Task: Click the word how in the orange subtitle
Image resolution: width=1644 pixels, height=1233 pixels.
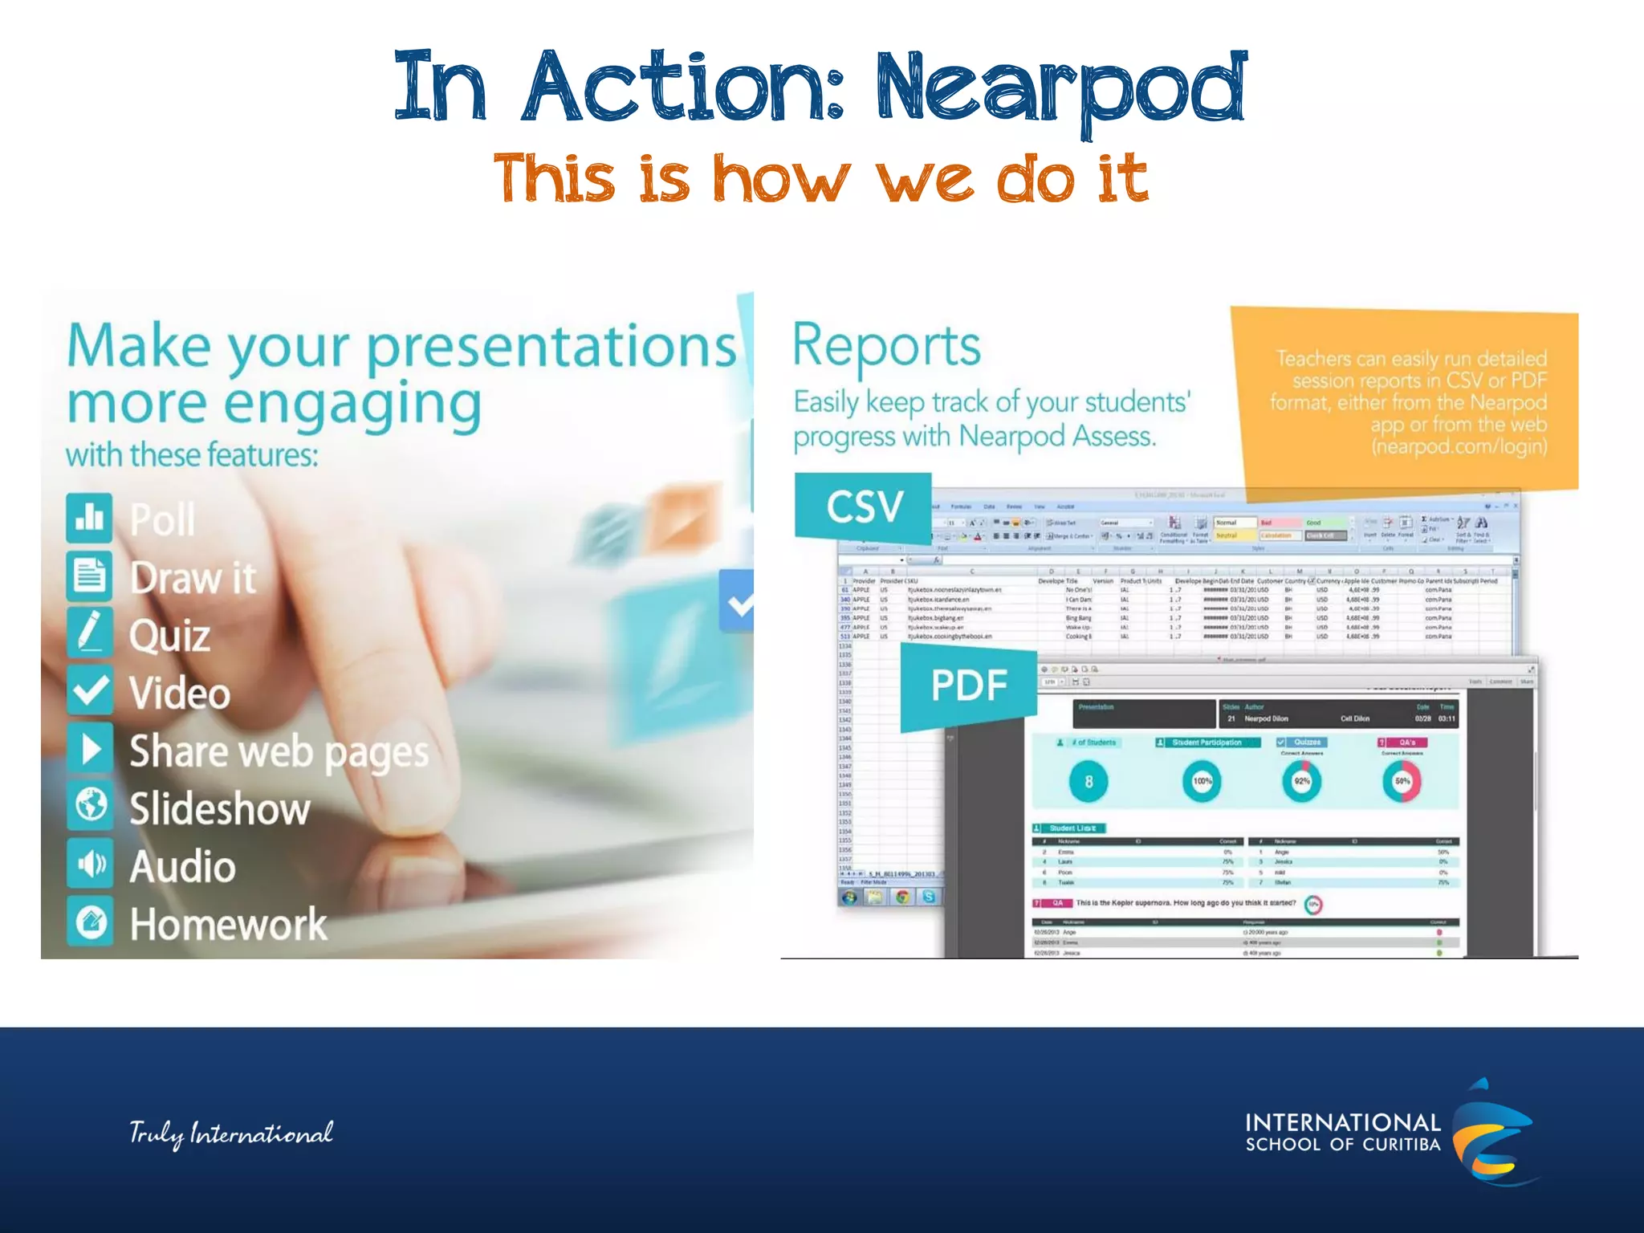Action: pyautogui.click(x=780, y=178)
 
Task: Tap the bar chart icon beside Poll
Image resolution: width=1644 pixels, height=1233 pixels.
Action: pyautogui.click(x=89, y=518)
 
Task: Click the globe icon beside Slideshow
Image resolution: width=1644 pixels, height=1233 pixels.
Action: pyautogui.click(x=89, y=805)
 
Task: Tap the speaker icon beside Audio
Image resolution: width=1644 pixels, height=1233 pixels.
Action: pyautogui.click(x=89, y=864)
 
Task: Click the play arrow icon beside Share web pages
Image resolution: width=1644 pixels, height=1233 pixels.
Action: pyautogui.click(x=89, y=749)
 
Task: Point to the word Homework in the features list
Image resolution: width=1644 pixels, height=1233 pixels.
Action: pyautogui.click(x=228, y=924)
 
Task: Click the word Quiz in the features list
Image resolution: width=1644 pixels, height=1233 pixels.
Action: pyautogui.click(x=169, y=636)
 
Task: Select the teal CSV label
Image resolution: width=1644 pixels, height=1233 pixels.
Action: pyautogui.click(x=864, y=507)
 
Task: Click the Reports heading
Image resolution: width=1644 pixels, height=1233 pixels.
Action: pyautogui.click(x=886, y=346)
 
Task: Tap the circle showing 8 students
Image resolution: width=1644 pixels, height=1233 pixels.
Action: pyautogui.click(x=1089, y=781)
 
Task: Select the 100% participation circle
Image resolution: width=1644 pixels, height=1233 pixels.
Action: pyautogui.click(x=1202, y=781)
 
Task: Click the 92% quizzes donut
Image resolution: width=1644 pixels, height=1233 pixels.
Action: pyautogui.click(x=1301, y=781)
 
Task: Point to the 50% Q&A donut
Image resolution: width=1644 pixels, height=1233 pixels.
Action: pyautogui.click(x=1402, y=781)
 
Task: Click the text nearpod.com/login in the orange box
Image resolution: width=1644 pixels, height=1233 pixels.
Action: pyautogui.click(x=1459, y=446)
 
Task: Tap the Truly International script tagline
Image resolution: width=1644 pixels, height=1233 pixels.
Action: pyautogui.click(x=231, y=1133)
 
